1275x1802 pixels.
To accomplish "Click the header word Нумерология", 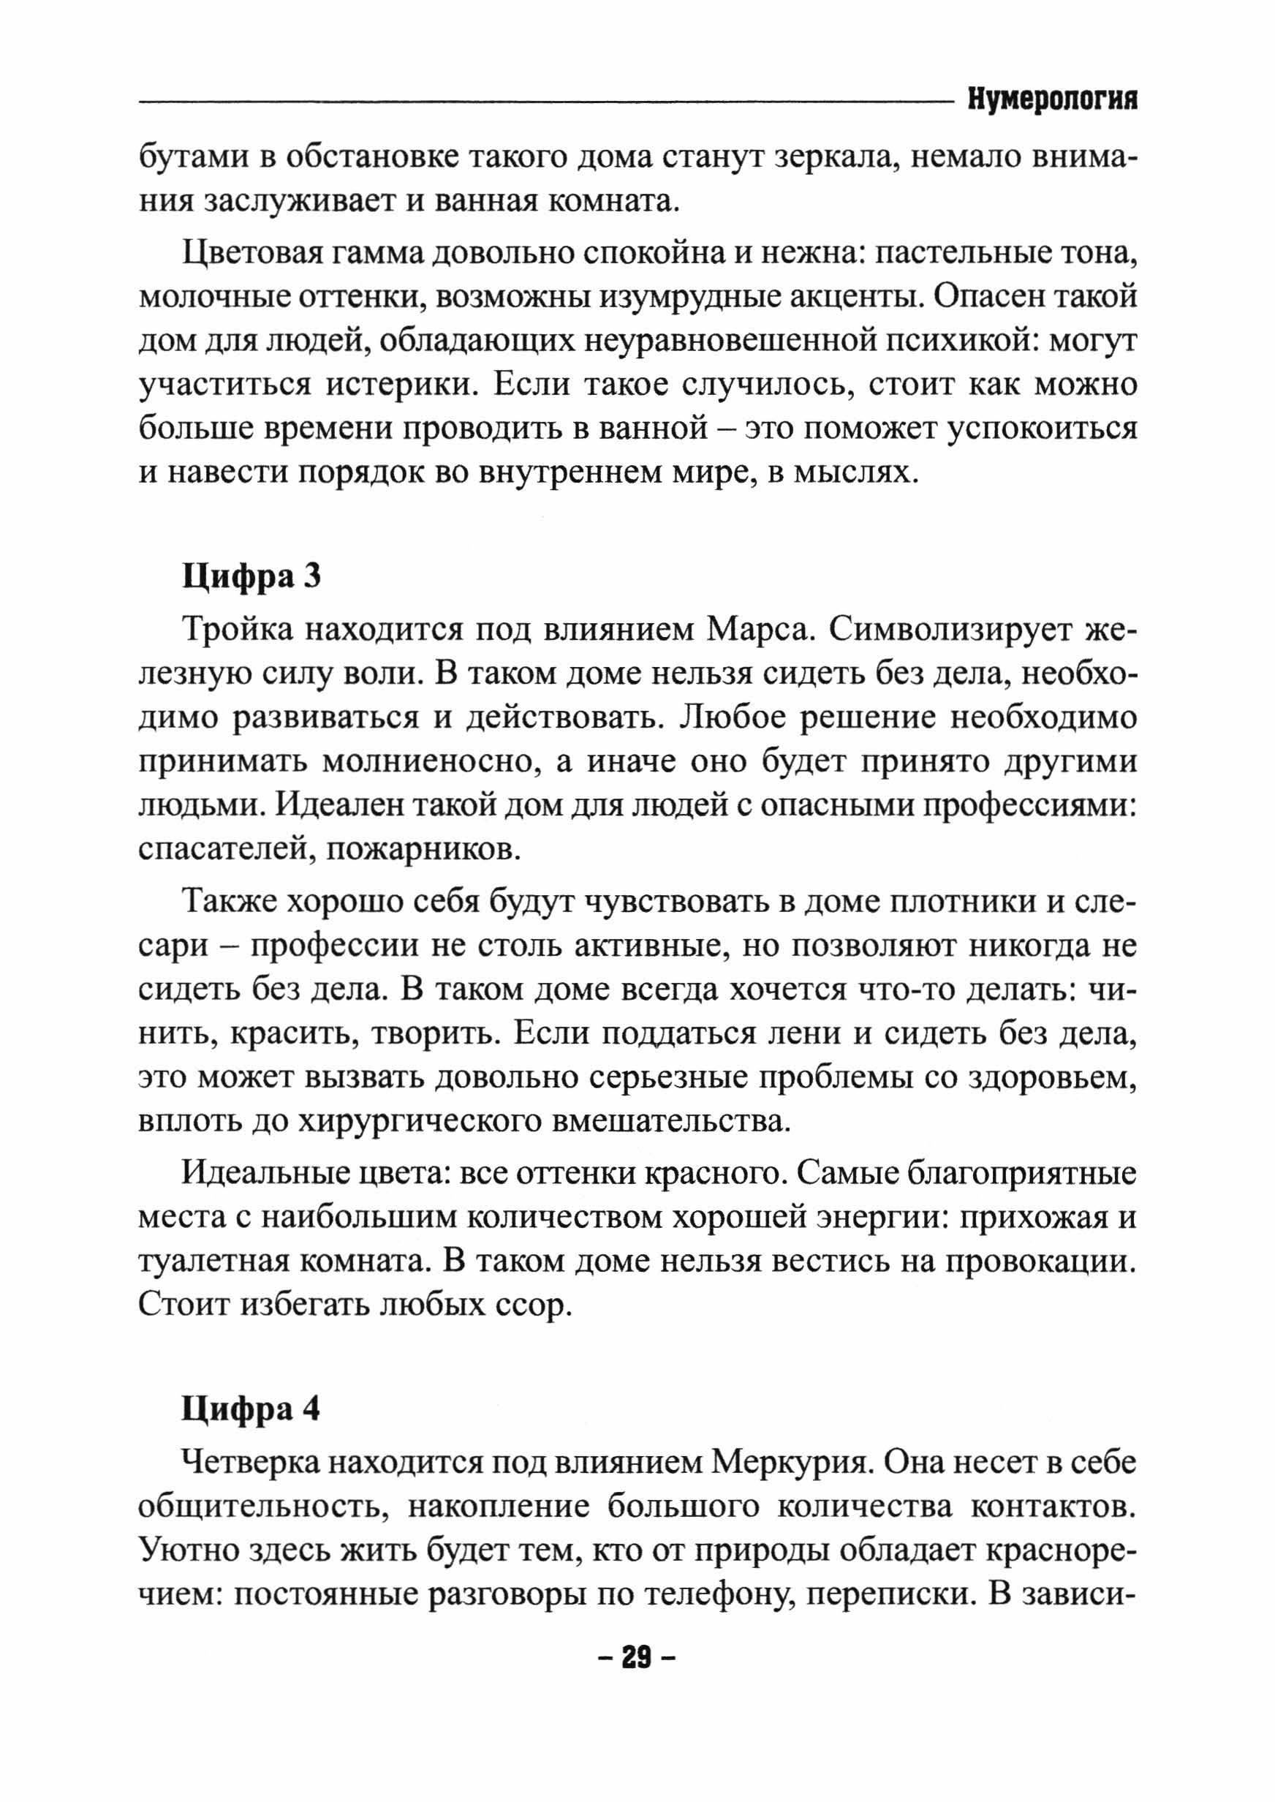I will [1052, 100].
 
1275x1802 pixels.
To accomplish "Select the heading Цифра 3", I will [251, 577].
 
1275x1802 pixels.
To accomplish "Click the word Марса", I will [757, 630].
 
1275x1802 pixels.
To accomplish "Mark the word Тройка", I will [235, 630].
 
